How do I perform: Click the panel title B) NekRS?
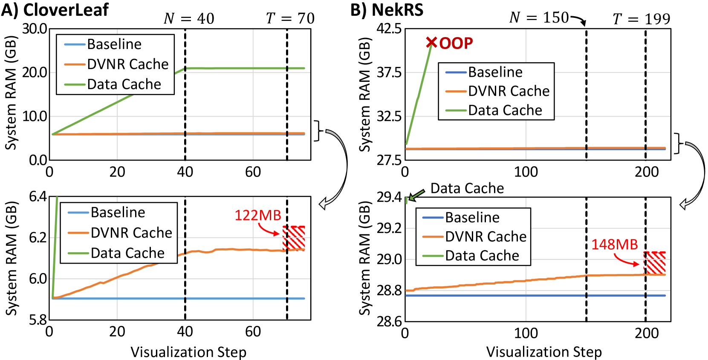[x=387, y=10]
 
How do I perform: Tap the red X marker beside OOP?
[x=431, y=43]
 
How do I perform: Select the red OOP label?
[x=456, y=43]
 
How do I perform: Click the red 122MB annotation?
[x=257, y=216]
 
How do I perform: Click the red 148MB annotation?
[x=614, y=245]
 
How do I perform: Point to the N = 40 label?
[x=189, y=19]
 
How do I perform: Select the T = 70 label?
[x=290, y=19]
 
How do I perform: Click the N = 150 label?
[x=539, y=18]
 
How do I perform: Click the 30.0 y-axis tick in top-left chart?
[x=35, y=29]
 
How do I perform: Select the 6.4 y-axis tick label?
[x=38, y=196]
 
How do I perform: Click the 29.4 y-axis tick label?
[x=389, y=197]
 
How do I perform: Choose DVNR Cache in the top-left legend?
[x=128, y=64]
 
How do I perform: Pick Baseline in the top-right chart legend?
[x=495, y=72]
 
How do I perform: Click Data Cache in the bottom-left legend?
[x=127, y=253]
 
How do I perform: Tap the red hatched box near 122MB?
[x=294, y=238]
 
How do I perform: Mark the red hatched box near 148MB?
[x=654, y=263]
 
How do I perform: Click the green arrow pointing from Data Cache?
[x=417, y=195]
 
